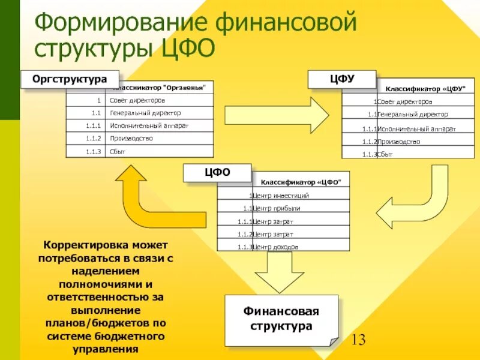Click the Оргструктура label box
(x=70, y=79)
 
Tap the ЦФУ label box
(x=342, y=79)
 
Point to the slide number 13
(x=358, y=340)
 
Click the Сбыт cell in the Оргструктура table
(x=118, y=152)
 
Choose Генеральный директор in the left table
(x=145, y=113)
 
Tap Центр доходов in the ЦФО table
(x=275, y=247)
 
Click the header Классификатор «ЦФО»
(x=301, y=182)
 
